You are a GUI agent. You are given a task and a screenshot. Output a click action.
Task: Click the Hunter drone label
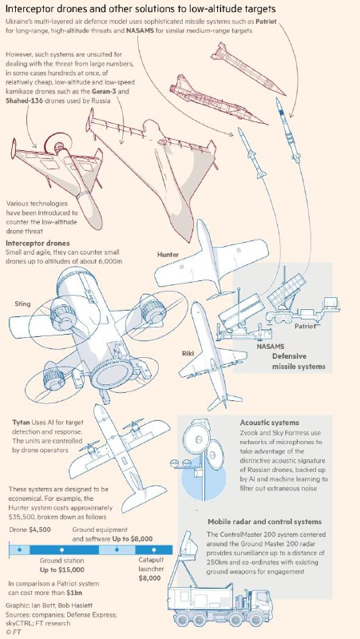(168, 255)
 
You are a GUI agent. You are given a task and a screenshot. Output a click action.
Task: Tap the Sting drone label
(22, 304)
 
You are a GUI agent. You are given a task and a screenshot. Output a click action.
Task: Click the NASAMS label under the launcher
(270, 347)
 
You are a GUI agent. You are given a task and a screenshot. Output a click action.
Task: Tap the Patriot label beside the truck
(306, 326)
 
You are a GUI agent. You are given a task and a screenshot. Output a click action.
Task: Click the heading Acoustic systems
(270, 423)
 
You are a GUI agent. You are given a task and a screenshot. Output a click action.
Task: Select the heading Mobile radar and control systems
(265, 522)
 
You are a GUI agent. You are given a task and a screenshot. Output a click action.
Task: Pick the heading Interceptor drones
(38, 244)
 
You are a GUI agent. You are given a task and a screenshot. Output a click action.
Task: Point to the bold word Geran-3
(104, 92)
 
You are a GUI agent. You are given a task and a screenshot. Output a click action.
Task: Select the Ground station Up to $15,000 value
(62, 570)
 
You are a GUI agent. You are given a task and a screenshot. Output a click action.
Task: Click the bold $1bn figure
(78, 593)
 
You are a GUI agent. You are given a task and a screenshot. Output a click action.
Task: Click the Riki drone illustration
(211, 355)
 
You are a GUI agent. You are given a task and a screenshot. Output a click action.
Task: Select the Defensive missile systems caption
(299, 362)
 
